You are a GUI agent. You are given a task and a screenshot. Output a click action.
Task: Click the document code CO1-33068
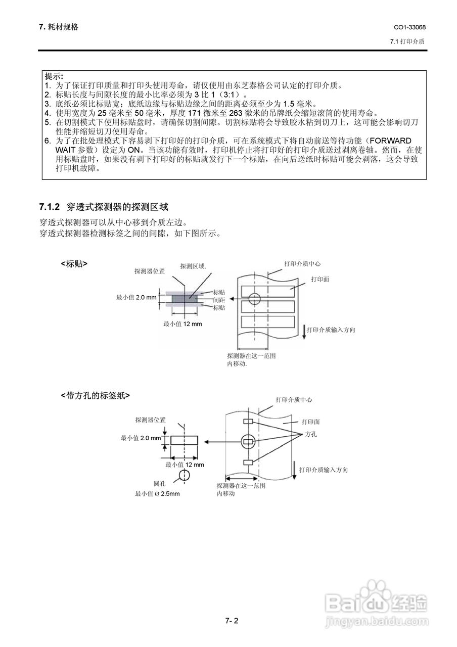click(x=409, y=27)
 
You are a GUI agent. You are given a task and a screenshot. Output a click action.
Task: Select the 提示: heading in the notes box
click(x=54, y=77)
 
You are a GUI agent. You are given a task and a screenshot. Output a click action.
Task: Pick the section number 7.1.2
click(x=50, y=207)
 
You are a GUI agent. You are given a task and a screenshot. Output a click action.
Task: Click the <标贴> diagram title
click(x=74, y=263)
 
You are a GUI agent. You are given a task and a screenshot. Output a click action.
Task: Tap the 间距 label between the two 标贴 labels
click(x=219, y=300)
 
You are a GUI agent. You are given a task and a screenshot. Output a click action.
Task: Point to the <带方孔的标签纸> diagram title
click(x=95, y=395)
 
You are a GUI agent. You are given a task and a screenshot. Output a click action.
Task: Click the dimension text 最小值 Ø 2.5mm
click(x=157, y=494)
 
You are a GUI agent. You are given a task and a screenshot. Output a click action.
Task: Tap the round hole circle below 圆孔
click(x=184, y=475)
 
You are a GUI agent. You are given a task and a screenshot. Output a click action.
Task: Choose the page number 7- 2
click(x=232, y=621)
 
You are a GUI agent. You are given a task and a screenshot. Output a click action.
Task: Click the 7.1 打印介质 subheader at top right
click(x=407, y=41)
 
